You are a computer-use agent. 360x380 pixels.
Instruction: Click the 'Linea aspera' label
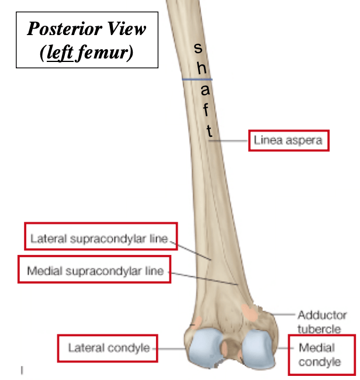pyautogui.click(x=288, y=140)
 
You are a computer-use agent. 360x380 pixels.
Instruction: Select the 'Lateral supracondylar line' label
pyautogui.click(x=99, y=239)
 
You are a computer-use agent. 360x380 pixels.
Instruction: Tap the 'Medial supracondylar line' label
pyautogui.click(x=95, y=271)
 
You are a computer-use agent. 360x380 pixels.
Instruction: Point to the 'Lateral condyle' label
pyautogui.click(x=109, y=348)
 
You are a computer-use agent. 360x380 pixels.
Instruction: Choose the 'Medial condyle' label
pyautogui.click(x=320, y=355)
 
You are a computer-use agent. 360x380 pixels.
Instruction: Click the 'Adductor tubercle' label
pyautogui.click(x=322, y=322)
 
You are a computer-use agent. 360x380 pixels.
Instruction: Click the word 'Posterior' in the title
pyautogui.click(x=65, y=29)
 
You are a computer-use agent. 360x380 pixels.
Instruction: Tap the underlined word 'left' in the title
pyautogui.click(x=60, y=52)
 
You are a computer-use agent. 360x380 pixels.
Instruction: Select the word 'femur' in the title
pyautogui.click(x=102, y=52)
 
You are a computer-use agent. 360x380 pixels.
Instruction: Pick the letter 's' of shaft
pyautogui.click(x=198, y=48)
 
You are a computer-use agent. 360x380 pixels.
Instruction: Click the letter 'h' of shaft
pyautogui.click(x=202, y=68)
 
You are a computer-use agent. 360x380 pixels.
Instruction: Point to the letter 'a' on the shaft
pyautogui.click(x=205, y=89)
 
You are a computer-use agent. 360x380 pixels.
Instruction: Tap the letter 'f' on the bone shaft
pyautogui.click(x=206, y=109)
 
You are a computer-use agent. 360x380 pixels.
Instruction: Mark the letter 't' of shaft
pyautogui.click(x=210, y=131)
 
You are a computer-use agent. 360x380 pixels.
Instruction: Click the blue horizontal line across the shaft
pyautogui.click(x=197, y=80)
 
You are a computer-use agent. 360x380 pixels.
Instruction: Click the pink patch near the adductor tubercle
pyautogui.click(x=250, y=313)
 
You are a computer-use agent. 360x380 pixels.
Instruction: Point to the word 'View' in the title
pyautogui.click(x=126, y=29)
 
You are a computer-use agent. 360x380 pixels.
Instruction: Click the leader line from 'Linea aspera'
pyautogui.click(x=228, y=140)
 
